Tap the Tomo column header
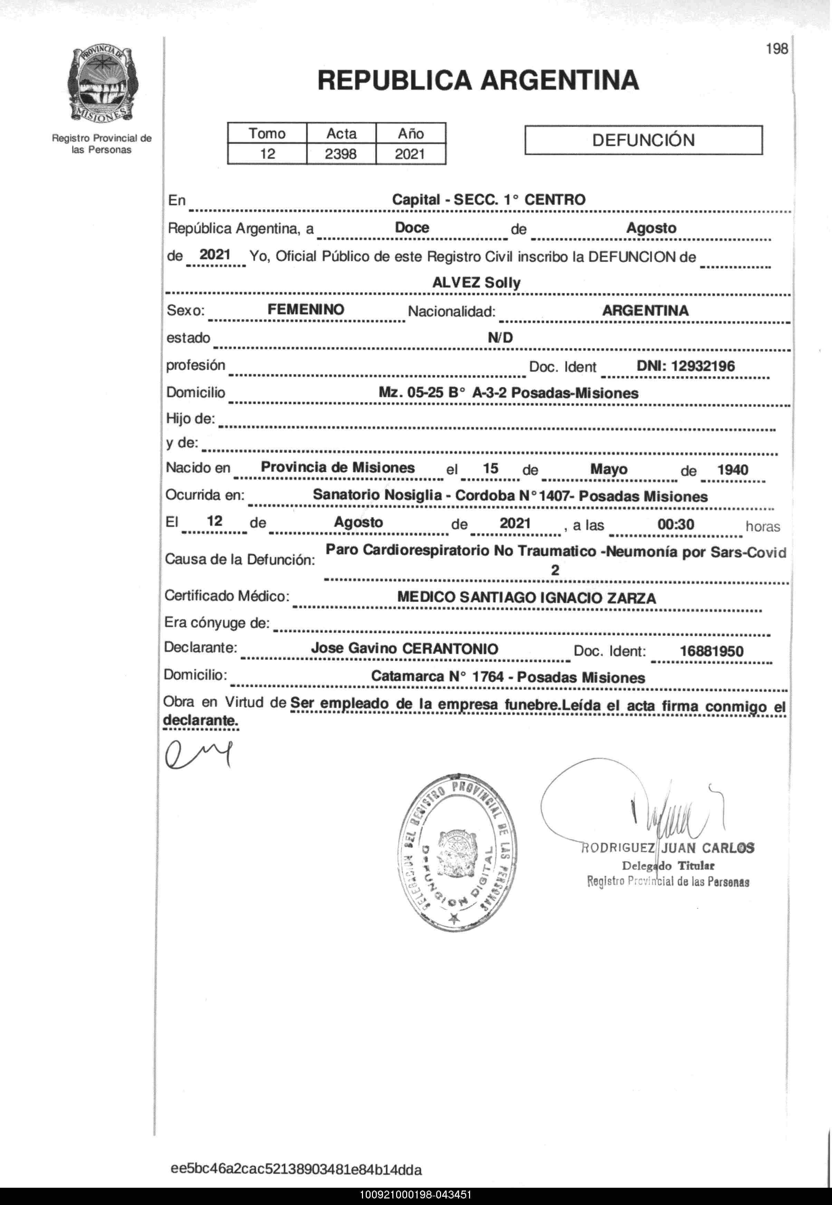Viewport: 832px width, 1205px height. pos(267,133)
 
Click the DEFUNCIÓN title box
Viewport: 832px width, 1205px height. pos(643,140)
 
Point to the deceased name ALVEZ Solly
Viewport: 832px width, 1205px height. pos(477,282)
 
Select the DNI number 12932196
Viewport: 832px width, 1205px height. pos(703,366)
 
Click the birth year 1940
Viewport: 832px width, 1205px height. pos(733,470)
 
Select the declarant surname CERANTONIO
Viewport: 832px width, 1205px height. pos(450,649)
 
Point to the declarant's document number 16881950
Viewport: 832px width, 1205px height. pos(711,651)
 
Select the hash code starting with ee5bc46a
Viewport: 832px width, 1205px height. pos(296,1169)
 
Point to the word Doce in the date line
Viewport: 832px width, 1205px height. pos(412,228)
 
